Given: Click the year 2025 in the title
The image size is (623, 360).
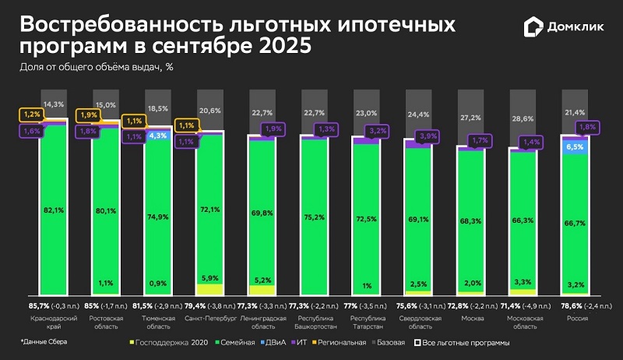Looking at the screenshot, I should pos(279,46).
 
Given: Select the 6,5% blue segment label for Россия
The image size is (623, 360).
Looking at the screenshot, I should pos(575,146).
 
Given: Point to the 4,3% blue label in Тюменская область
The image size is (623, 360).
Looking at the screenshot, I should pos(157,136).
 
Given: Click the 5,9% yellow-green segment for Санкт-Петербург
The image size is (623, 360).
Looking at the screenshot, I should pos(209,278).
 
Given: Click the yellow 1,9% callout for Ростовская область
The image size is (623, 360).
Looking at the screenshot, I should pos(87,115).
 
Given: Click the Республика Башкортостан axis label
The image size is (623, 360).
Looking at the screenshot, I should pos(314,323).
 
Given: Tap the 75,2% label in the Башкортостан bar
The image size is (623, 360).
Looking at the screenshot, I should pos(314,217).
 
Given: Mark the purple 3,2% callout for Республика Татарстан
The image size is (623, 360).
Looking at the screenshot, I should pos(378,131).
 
